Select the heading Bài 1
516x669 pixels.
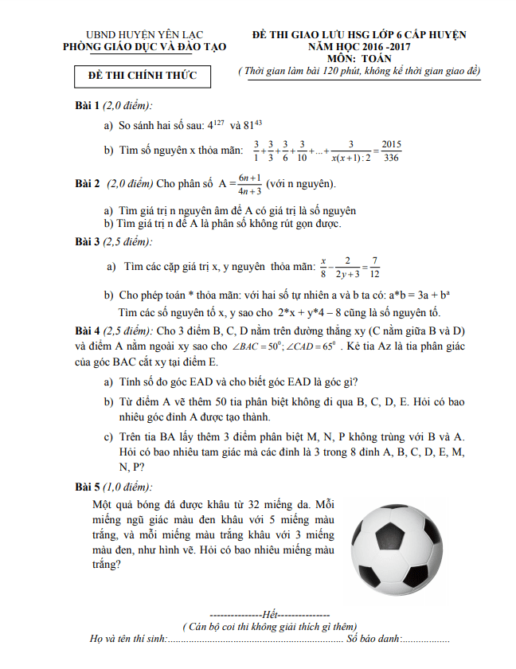pos(86,106)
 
